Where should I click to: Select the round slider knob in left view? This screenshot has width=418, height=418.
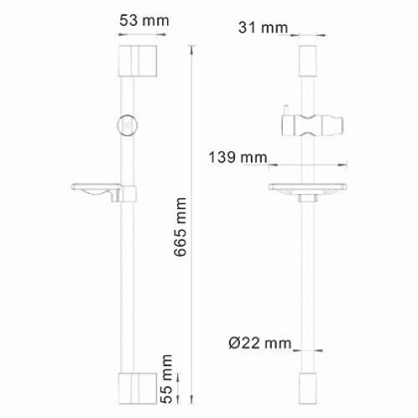tap(126, 126)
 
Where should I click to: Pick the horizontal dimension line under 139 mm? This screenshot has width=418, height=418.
tap(309, 166)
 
